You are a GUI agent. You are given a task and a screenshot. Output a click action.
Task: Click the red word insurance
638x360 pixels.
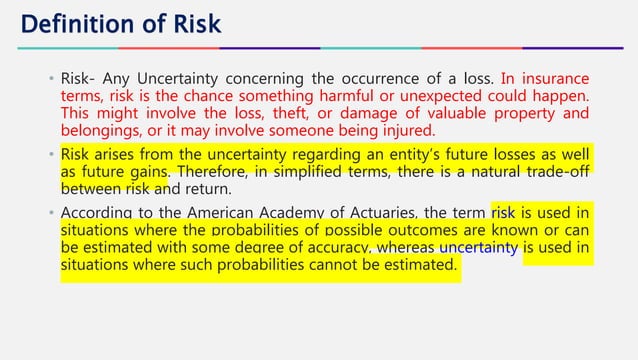552,78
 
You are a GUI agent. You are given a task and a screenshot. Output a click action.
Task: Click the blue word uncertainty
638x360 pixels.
477,248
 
